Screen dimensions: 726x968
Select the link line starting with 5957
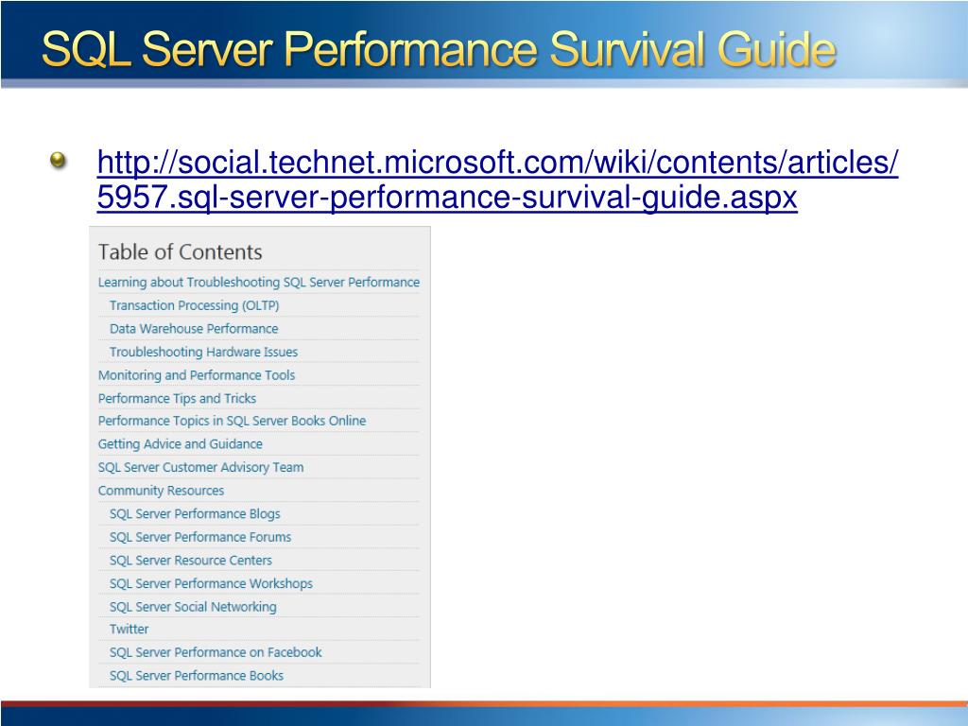pyautogui.click(x=447, y=198)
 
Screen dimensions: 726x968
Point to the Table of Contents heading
pyautogui.click(x=180, y=252)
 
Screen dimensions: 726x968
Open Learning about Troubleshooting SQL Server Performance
pyautogui.click(x=258, y=283)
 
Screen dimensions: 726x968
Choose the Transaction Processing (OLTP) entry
pyautogui.click(x=194, y=305)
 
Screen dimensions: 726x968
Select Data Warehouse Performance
pyautogui.click(x=194, y=329)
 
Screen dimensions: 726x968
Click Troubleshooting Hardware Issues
pyautogui.click(x=203, y=352)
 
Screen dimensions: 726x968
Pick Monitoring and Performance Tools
pyautogui.click(x=197, y=375)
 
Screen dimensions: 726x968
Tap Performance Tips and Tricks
pyautogui.click(x=177, y=399)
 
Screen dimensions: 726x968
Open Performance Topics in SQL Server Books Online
pyautogui.click(x=232, y=421)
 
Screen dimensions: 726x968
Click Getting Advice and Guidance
pyautogui.click(x=181, y=444)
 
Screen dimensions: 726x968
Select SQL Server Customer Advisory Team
pyautogui.click(x=200, y=467)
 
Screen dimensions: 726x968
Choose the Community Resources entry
pyautogui.click(x=161, y=491)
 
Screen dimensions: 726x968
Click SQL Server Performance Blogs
pyautogui.click(x=195, y=514)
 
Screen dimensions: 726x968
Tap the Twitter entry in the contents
pyautogui.click(x=129, y=629)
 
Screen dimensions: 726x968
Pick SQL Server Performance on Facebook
pyautogui.click(x=216, y=652)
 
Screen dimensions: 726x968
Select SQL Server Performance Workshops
pyautogui.click(x=211, y=583)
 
